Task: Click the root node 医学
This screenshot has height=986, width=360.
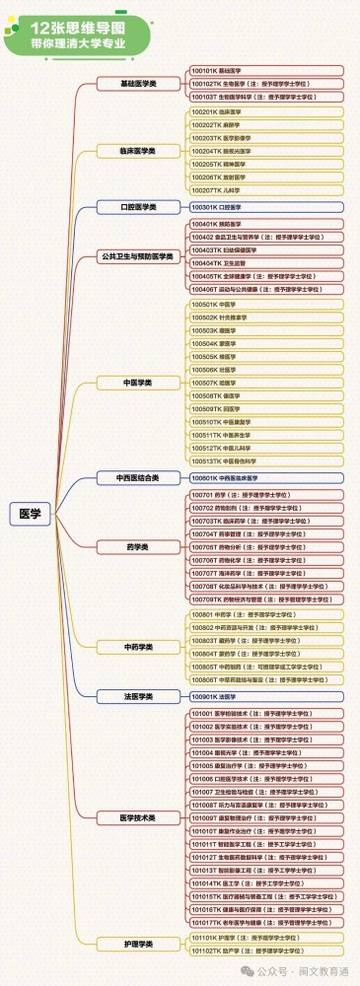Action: click(31, 513)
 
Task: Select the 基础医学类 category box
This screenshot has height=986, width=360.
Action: click(137, 85)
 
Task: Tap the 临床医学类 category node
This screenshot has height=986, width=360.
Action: click(137, 152)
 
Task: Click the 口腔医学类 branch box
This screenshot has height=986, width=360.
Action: click(137, 207)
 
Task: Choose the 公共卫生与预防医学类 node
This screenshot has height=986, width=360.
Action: click(137, 256)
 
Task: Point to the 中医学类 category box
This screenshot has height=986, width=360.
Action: click(137, 381)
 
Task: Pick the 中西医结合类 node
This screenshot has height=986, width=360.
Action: click(137, 477)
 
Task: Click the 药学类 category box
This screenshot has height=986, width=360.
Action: click(137, 545)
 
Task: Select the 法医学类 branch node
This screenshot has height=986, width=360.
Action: click(137, 696)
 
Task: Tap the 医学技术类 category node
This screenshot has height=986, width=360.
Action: click(137, 817)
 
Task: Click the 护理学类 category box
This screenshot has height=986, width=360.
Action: click(137, 944)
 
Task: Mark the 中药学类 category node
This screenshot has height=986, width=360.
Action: click(137, 647)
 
